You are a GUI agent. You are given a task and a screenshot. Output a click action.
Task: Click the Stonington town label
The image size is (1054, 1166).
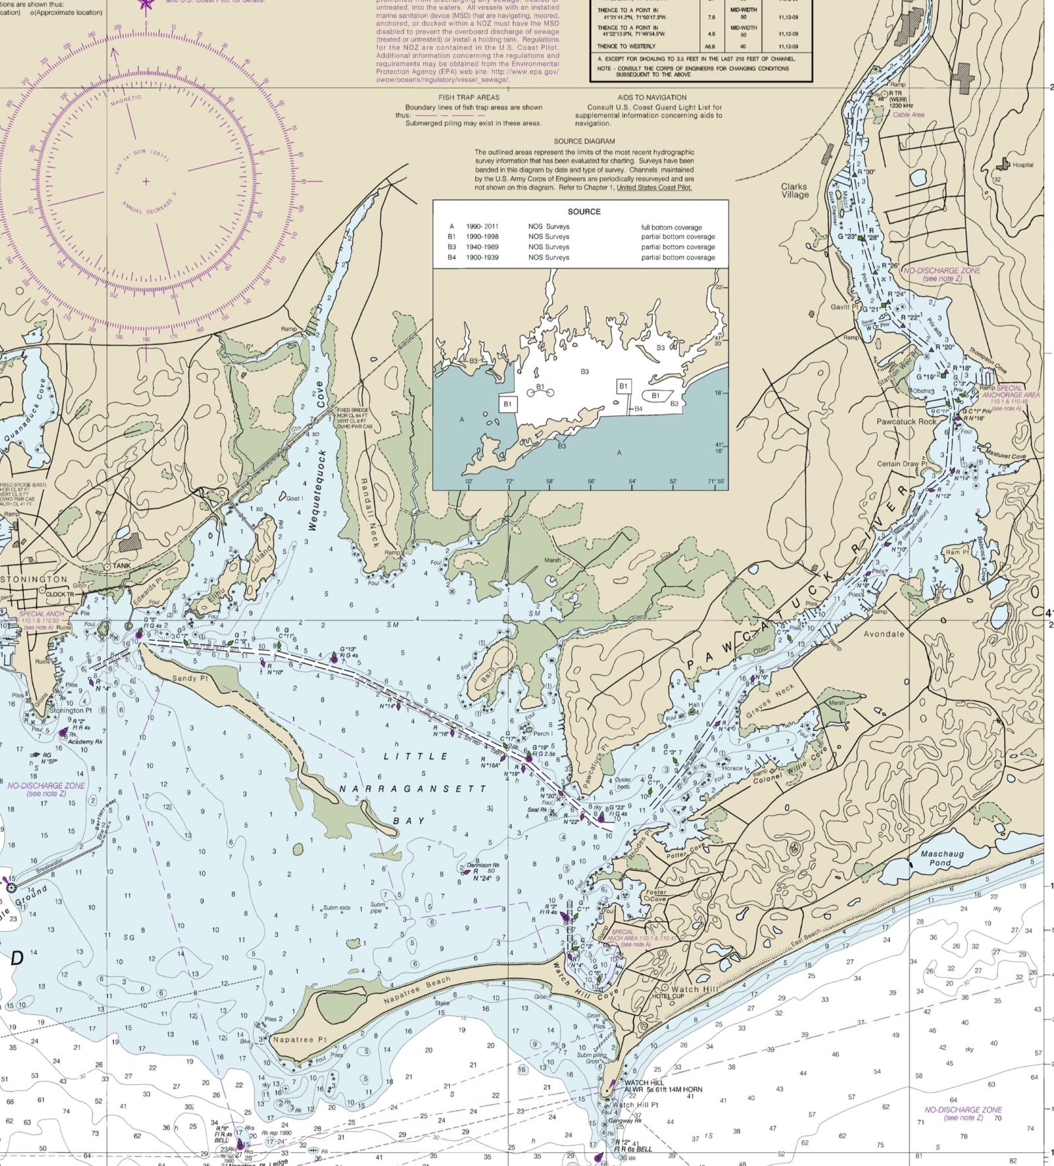[x=34, y=579]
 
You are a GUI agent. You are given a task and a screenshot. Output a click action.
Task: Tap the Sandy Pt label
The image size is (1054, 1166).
[x=190, y=678]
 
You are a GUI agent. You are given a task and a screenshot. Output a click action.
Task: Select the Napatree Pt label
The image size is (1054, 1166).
[x=300, y=1040]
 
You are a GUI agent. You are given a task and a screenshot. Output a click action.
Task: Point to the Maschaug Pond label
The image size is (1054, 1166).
[x=941, y=858]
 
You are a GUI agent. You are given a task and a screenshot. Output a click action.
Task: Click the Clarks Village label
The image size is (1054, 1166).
[x=794, y=190]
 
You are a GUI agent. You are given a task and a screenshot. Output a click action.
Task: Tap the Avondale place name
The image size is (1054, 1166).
[x=883, y=634]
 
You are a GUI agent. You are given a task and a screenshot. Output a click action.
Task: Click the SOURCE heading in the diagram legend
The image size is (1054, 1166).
[x=584, y=211]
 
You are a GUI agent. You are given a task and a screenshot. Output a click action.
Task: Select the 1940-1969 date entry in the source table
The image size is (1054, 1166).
[x=482, y=247]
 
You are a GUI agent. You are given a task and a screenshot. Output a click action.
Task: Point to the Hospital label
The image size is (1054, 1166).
[x=1023, y=165]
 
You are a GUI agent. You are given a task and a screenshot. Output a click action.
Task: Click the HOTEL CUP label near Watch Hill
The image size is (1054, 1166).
[x=668, y=996]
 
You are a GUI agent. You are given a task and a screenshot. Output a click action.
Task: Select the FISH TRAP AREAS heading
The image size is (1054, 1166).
[x=469, y=97]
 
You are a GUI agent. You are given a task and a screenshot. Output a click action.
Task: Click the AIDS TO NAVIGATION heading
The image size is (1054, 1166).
[x=652, y=97]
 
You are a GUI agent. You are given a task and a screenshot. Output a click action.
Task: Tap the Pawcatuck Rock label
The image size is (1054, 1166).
[x=906, y=421]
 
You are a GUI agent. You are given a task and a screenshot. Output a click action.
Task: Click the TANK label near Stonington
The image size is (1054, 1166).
[x=121, y=566]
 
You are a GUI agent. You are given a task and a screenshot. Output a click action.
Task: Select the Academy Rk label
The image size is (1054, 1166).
[x=84, y=742]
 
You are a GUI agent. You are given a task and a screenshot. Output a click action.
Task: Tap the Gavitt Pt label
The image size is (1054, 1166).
[x=845, y=307]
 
